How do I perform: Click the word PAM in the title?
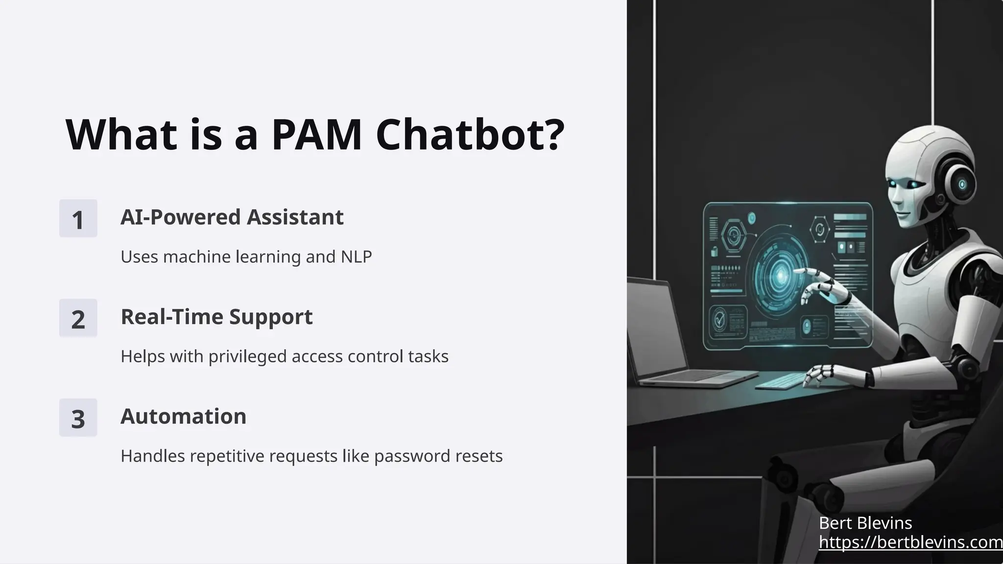click(316, 135)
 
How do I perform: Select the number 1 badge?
click(78, 218)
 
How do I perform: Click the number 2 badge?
click(78, 318)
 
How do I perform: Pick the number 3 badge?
click(78, 418)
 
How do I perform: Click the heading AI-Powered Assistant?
click(232, 217)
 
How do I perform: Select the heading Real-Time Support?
click(216, 317)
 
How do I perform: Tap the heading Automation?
click(183, 417)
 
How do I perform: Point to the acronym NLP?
click(356, 257)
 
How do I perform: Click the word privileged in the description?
click(248, 356)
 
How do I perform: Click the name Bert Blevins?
click(865, 523)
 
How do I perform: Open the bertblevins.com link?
click(910, 542)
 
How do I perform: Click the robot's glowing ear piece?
click(961, 185)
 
